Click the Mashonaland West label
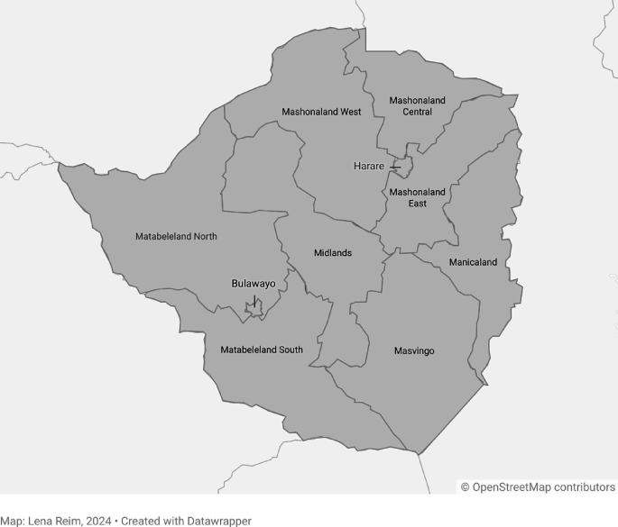click(x=321, y=112)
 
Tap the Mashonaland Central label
click(x=417, y=106)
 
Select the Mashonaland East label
click(x=417, y=197)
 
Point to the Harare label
click(x=368, y=167)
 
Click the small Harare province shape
click(x=405, y=166)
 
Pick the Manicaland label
click(x=473, y=262)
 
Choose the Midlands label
click(x=333, y=253)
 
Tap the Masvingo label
click(x=414, y=350)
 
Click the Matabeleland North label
click(x=176, y=237)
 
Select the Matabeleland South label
click(x=262, y=350)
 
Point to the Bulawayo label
click(x=254, y=283)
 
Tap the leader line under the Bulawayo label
click(x=254, y=298)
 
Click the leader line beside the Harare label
click(x=394, y=168)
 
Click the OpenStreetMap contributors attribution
click(x=543, y=487)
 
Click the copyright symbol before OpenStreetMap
click(x=466, y=487)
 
